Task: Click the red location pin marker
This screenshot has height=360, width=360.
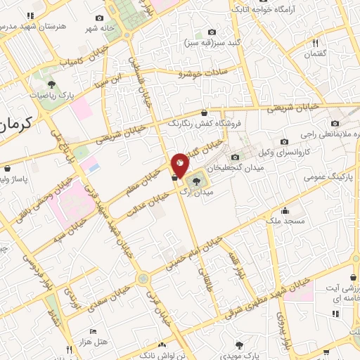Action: (180, 163)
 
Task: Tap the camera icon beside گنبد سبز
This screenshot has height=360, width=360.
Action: (212, 32)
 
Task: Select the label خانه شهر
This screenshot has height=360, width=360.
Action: (99, 29)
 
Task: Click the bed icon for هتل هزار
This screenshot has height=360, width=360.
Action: (93, 331)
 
